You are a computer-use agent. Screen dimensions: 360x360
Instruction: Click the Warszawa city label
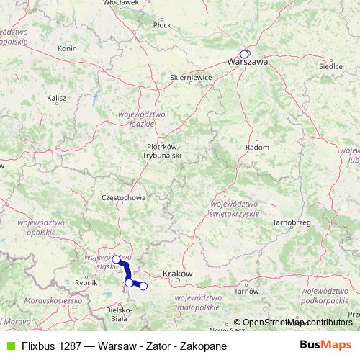click(x=247, y=63)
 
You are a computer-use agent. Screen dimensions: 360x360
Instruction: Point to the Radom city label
click(x=257, y=147)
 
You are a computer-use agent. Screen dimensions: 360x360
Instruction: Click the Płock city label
click(x=162, y=25)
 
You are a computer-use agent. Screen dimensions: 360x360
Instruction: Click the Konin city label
click(x=67, y=49)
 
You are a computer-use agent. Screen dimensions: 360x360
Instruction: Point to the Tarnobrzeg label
click(x=291, y=222)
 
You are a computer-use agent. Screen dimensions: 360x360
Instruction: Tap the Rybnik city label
click(x=85, y=283)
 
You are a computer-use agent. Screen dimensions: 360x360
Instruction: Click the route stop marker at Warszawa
click(x=244, y=54)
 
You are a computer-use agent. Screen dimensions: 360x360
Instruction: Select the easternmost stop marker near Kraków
click(x=143, y=287)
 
